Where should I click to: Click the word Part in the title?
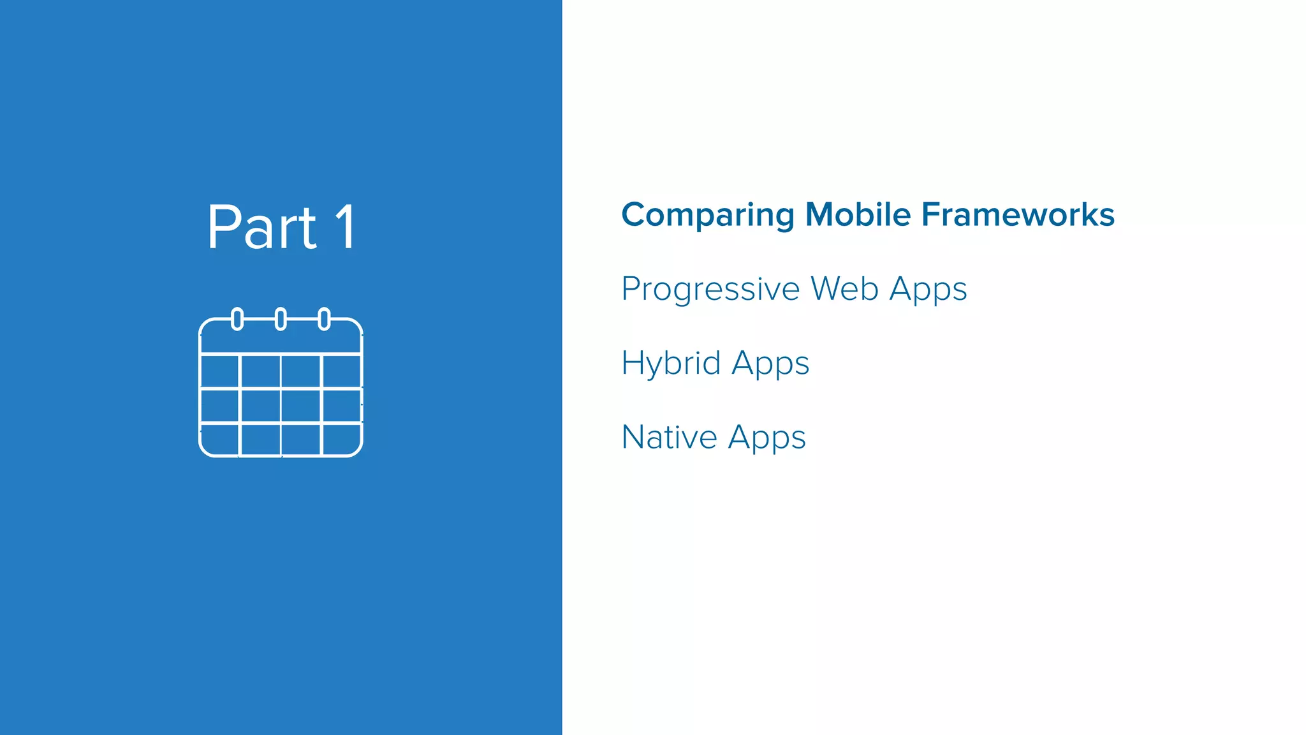[261, 227]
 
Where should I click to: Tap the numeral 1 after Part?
[346, 227]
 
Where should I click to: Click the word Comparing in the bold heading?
[707, 215]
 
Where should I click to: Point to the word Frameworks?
[1018, 214]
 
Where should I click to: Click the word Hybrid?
[671, 364]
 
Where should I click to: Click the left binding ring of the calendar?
[237, 319]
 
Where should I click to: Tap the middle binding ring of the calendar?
[281, 319]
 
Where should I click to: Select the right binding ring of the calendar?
[324, 319]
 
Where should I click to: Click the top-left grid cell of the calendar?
[219, 371]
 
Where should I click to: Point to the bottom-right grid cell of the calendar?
[342, 439]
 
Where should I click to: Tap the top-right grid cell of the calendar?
[342, 371]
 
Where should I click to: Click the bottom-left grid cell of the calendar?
[219, 439]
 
